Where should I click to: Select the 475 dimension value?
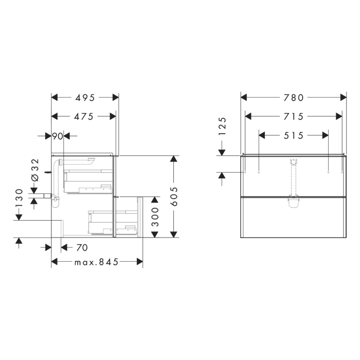pyautogui.click(x=83, y=117)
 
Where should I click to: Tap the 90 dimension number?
pyautogui.click(x=58, y=136)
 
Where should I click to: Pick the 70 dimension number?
pyautogui.click(x=81, y=248)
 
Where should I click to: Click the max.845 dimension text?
pyautogui.click(x=97, y=262)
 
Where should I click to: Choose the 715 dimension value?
pyautogui.click(x=294, y=117)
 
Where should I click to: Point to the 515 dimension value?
pyautogui.click(x=294, y=136)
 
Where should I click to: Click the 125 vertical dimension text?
pyautogui.click(x=222, y=127)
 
